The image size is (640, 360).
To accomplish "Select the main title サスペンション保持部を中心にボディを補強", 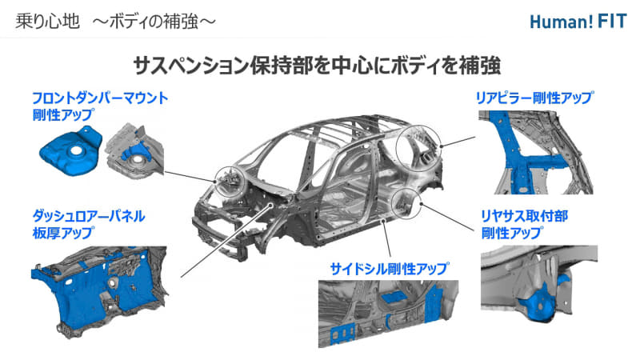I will [x=321, y=64].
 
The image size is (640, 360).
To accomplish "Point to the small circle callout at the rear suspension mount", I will [x=406, y=204].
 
